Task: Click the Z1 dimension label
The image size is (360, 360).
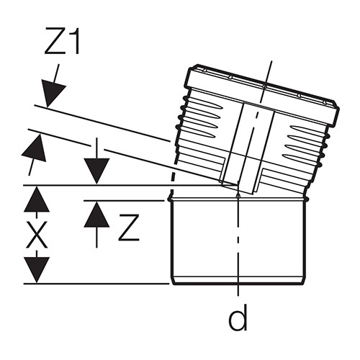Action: (62, 41)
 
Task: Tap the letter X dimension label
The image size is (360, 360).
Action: (37, 235)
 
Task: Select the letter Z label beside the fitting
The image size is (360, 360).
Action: (129, 228)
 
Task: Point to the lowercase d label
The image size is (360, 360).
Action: (238, 318)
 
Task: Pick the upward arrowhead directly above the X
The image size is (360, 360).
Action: (37, 199)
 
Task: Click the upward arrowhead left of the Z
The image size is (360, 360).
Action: (96, 215)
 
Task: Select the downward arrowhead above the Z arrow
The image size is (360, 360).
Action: (96, 171)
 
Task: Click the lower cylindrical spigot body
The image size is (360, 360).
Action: (238, 240)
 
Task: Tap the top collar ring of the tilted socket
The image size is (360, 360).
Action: (263, 95)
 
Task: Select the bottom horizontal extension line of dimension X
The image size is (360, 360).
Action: (96, 284)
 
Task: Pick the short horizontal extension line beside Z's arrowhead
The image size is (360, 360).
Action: (123, 200)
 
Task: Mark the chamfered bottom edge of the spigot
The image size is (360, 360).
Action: (238, 281)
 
